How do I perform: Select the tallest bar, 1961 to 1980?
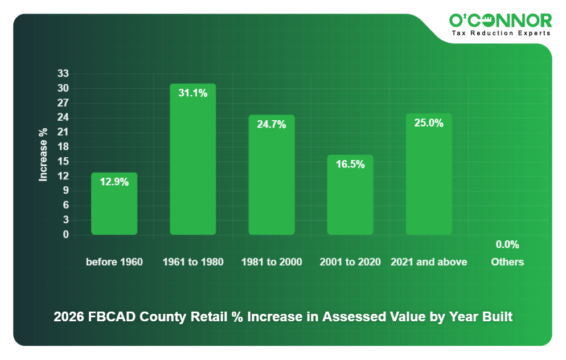pyautogui.click(x=192, y=159)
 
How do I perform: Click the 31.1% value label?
pyautogui.click(x=192, y=93)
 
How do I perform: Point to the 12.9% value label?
pyautogui.click(x=114, y=182)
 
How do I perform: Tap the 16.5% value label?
pyautogui.click(x=350, y=164)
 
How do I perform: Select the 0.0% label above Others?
pyautogui.click(x=507, y=244)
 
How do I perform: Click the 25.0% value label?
pyautogui.click(x=429, y=122)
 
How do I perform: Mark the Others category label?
pyautogui.click(x=507, y=262)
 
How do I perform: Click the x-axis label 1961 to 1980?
pyautogui.click(x=192, y=262)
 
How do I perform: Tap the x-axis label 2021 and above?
pyautogui.click(x=429, y=262)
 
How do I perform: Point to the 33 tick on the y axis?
pyautogui.click(x=63, y=73)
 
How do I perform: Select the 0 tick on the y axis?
pyautogui.click(x=65, y=234)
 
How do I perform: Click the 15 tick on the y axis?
pyautogui.click(x=63, y=161)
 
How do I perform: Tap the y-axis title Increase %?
pyautogui.click(x=43, y=154)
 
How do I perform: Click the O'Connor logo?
pyautogui.click(x=501, y=21)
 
